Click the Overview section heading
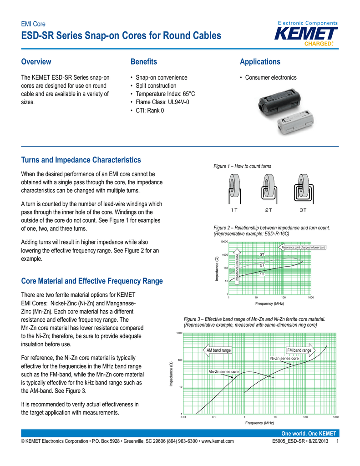click(36, 61)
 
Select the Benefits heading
click(143, 61)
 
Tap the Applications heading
click(260, 61)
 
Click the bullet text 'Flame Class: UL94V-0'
click(162, 102)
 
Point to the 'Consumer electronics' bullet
click(271, 78)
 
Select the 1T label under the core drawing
click(234, 210)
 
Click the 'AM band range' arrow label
click(218, 350)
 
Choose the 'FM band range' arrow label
click(299, 350)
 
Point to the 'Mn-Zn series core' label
click(223, 372)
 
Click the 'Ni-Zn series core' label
click(284, 359)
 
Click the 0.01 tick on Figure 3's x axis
click(183, 417)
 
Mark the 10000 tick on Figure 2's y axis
click(224, 241)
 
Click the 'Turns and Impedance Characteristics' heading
click(81, 160)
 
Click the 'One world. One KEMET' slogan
click(309, 433)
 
